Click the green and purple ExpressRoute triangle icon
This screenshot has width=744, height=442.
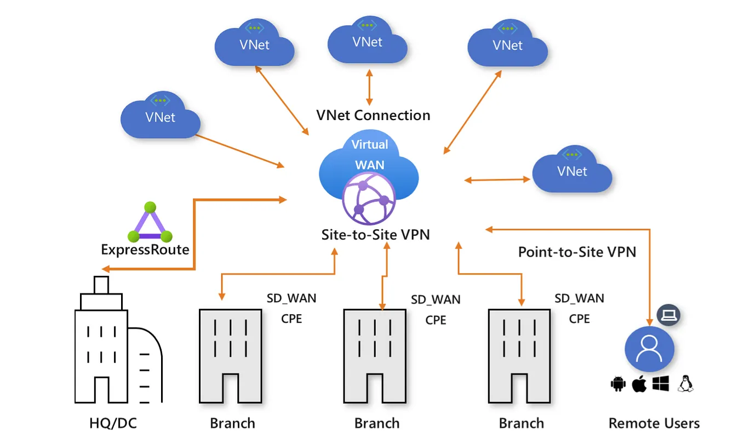(150, 223)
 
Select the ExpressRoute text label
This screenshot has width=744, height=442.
(145, 250)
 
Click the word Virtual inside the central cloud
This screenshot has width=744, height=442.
(369, 145)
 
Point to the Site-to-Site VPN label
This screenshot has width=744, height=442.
(375, 235)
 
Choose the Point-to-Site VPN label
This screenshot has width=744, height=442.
(577, 252)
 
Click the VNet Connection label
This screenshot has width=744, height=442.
(373, 115)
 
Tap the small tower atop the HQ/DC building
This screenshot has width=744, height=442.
(101, 285)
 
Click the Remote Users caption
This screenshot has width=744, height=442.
(654, 423)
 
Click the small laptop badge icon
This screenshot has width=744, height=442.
(668, 315)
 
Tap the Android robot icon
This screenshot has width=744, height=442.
(618, 384)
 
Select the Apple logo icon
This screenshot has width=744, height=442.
(639, 384)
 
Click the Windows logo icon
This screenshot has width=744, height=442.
(661, 384)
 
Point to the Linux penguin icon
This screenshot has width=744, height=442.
(685, 384)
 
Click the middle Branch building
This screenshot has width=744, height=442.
(375, 356)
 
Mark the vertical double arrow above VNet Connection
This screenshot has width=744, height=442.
(369, 87)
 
